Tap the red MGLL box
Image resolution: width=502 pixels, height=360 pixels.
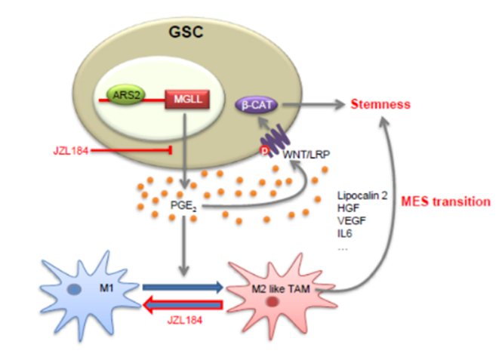185,98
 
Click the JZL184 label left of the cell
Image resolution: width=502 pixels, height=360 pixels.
68,150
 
